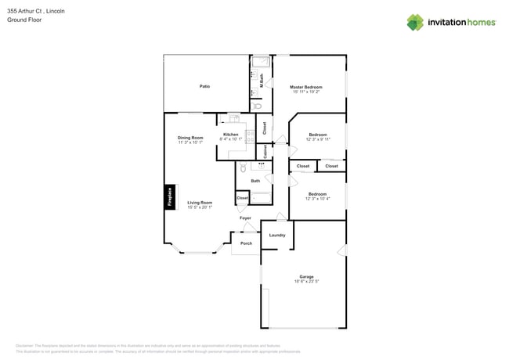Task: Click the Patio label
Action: click(x=204, y=86)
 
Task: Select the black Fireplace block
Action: click(x=169, y=197)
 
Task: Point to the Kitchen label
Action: click(x=231, y=135)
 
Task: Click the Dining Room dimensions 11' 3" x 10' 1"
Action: click(x=190, y=142)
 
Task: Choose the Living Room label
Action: click(x=200, y=202)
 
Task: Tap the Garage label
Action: click(x=306, y=276)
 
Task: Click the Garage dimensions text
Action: click(x=306, y=281)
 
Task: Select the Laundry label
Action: click(x=277, y=235)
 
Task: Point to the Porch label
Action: click(x=246, y=243)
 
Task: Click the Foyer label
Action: click(x=245, y=218)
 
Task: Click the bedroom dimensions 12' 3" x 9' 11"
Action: click(x=318, y=139)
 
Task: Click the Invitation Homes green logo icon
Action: click(x=415, y=23)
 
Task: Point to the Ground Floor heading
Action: click(x=24, y=20)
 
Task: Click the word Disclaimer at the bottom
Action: click(x=28, y=345)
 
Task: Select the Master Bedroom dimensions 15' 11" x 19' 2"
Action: click(x=306, y=92)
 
